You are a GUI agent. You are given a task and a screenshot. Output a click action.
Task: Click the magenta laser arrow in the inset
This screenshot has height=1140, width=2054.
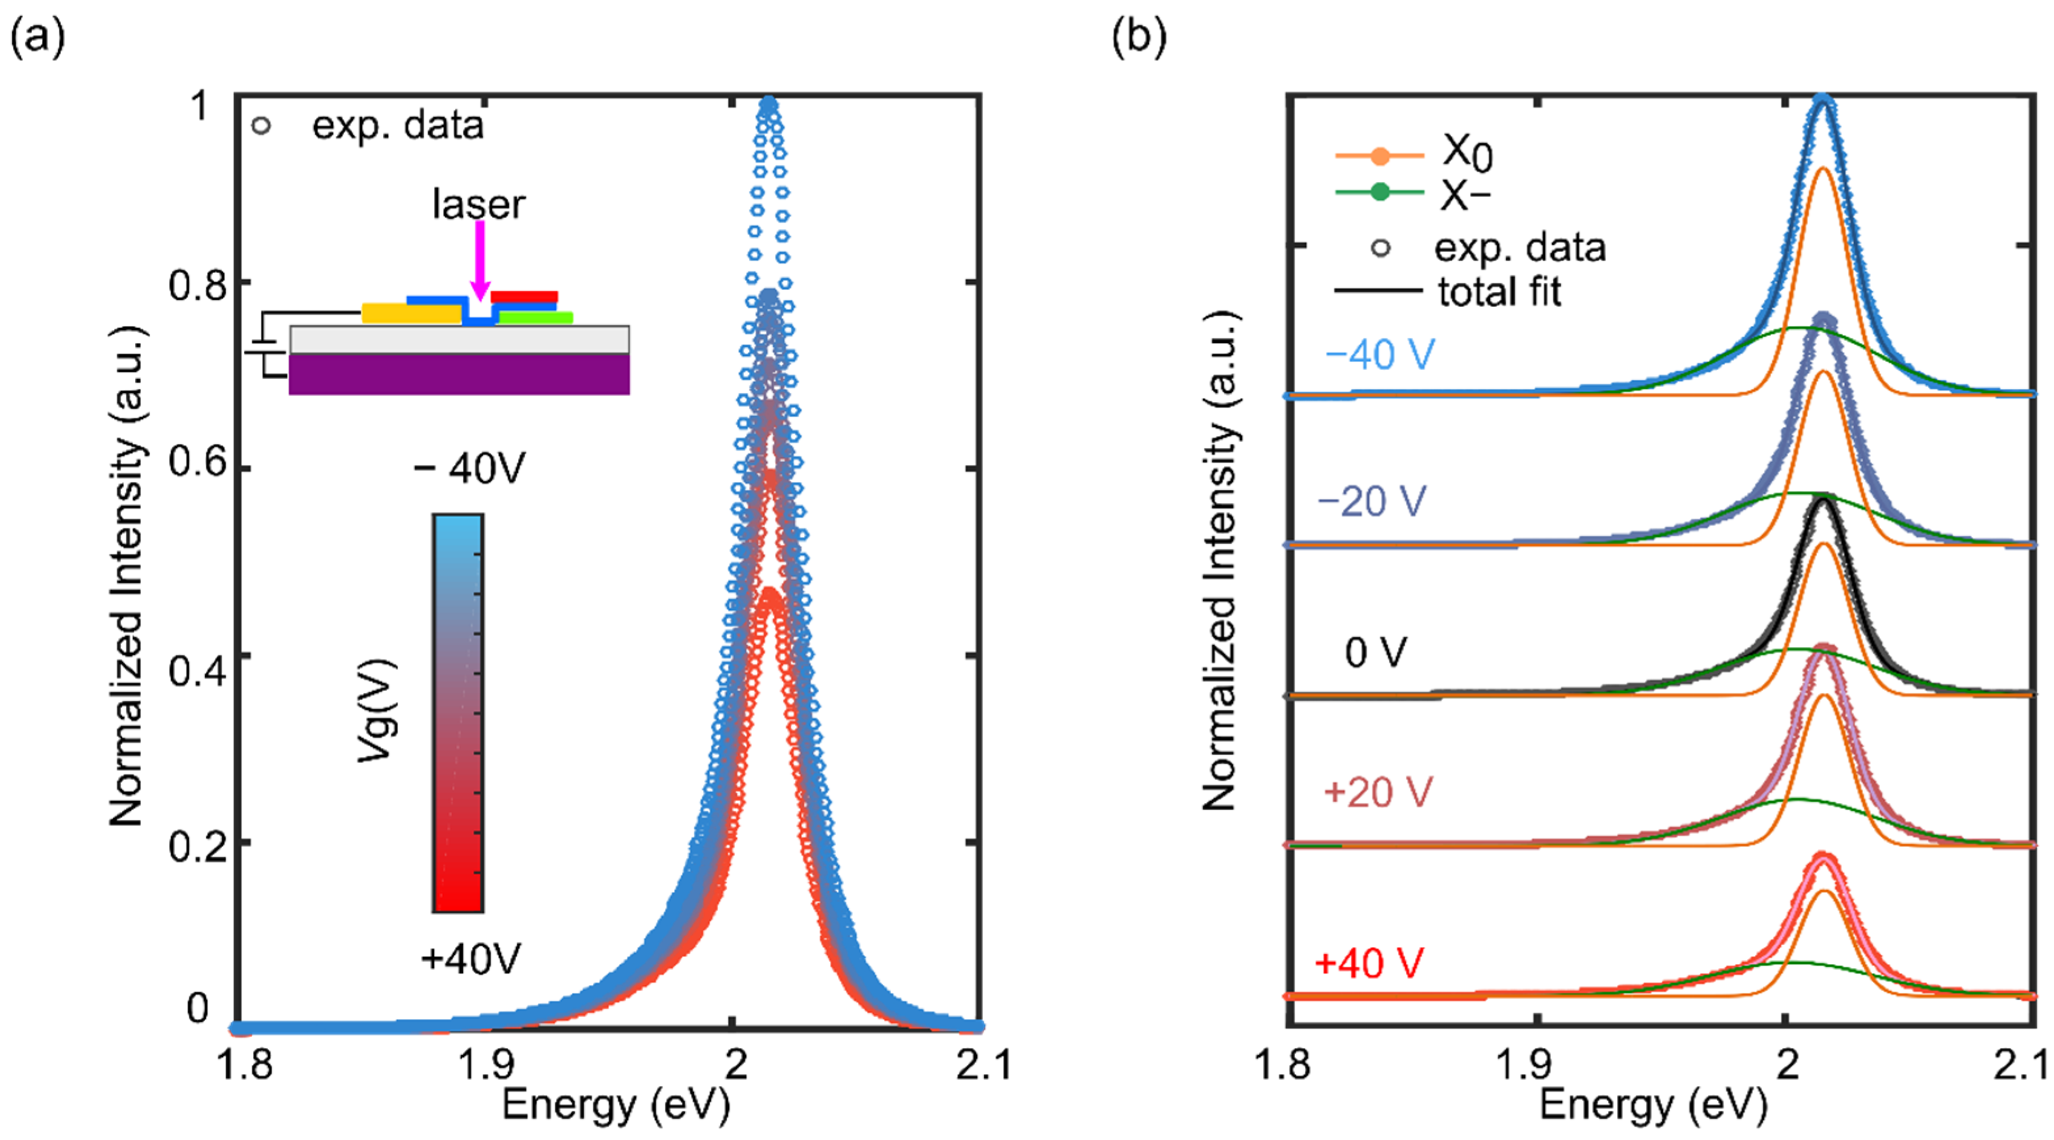click(x=479, y=259)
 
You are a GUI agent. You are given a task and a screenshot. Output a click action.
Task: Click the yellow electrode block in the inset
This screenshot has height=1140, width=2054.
click(x=411, y=313)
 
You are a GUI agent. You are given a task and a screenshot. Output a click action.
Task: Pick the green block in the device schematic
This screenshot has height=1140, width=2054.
click(x=536, y=318)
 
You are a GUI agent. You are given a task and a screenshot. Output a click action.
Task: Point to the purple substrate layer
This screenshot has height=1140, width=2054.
click(x=459, y=375)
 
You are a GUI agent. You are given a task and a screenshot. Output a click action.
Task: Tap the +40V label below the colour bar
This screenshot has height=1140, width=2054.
click(x=470, y=958)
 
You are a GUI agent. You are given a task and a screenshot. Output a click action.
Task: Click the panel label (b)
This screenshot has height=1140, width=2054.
click(x=1139, y=36)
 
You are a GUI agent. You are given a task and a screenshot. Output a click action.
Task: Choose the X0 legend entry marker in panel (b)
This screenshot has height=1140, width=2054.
click(x=1379, y=157)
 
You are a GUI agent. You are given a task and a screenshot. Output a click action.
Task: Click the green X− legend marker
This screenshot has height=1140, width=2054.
click(x=1379, y=192)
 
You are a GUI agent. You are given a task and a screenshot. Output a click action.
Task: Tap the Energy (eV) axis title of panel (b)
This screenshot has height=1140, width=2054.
click(x=1653, y=1105)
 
